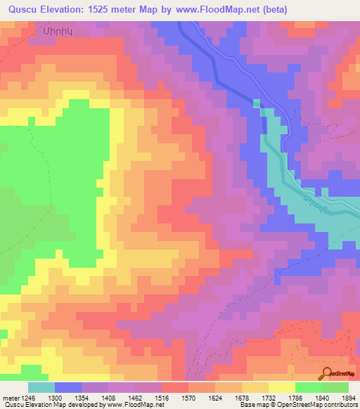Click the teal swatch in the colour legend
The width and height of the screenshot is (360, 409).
click(41, 387)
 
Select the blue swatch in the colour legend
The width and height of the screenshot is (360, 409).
click(68, 387)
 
